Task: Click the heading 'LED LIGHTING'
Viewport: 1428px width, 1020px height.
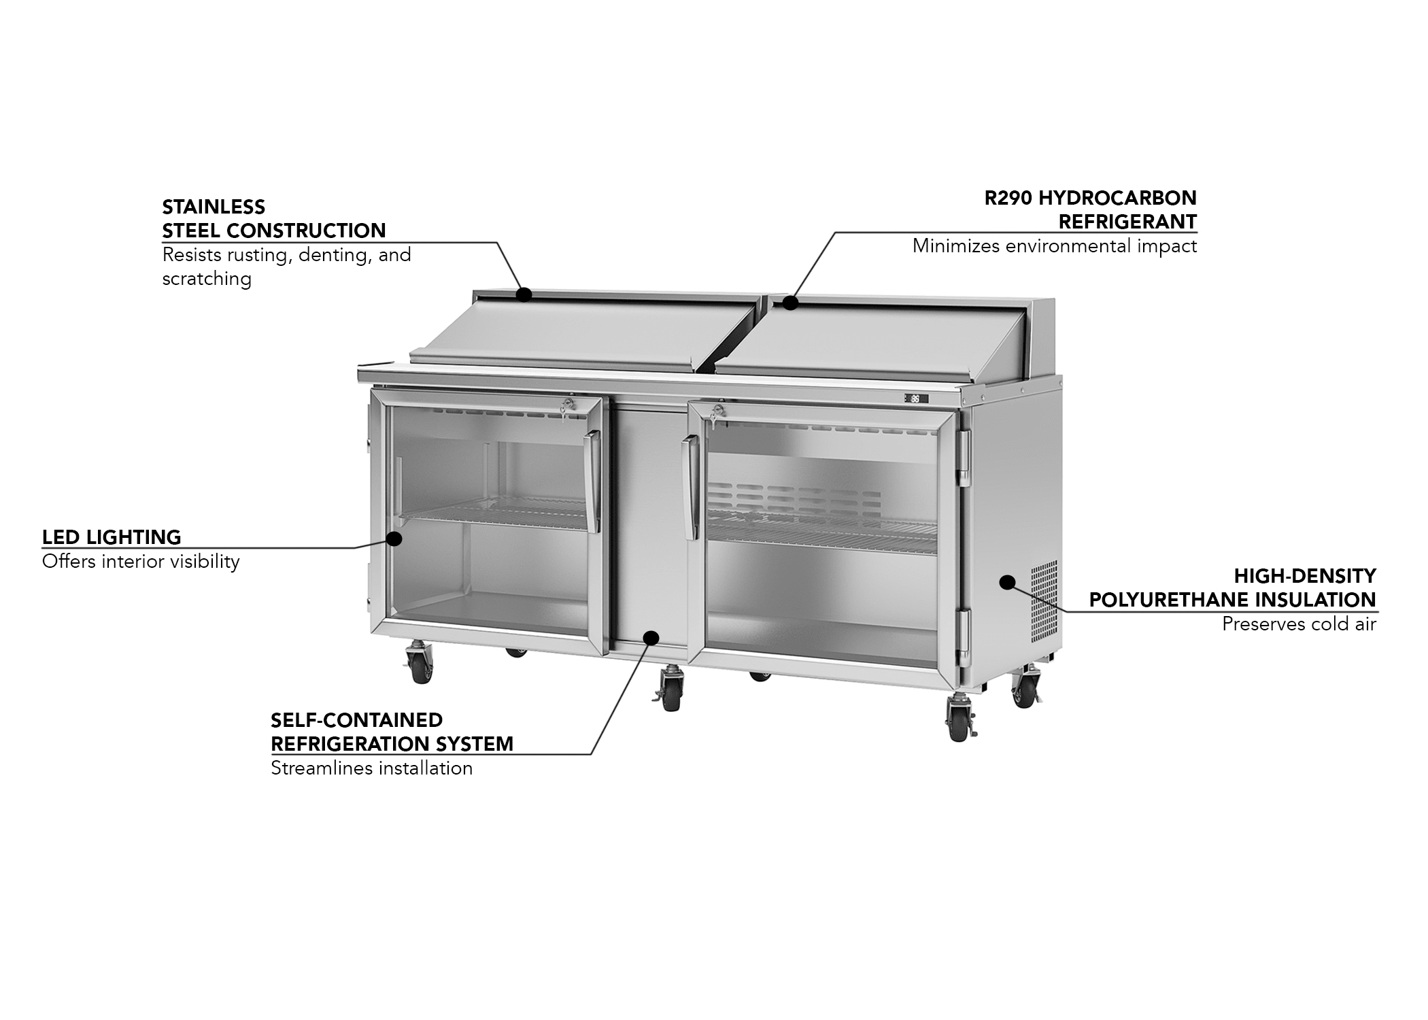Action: point(112,537)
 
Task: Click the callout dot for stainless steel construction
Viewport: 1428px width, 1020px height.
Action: point(524,294)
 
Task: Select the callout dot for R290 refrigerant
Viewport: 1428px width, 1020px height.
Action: point(789,303)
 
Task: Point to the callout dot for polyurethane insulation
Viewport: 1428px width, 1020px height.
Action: point(1007,582)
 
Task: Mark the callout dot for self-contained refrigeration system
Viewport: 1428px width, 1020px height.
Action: point(651,638)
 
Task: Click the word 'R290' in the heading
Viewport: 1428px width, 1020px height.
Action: point(1008,198)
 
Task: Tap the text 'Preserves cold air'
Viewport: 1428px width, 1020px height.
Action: point(1299,624)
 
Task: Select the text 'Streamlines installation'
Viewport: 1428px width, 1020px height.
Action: point(371,768)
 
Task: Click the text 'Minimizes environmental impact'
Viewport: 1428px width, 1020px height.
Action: point(1054,246)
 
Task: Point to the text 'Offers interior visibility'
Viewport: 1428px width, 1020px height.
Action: point(141,562)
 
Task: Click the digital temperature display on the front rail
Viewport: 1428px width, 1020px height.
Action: point(915,398)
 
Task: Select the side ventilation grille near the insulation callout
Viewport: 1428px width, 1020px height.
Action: point(1044,602)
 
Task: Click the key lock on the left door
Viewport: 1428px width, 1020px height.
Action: point(566,406)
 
